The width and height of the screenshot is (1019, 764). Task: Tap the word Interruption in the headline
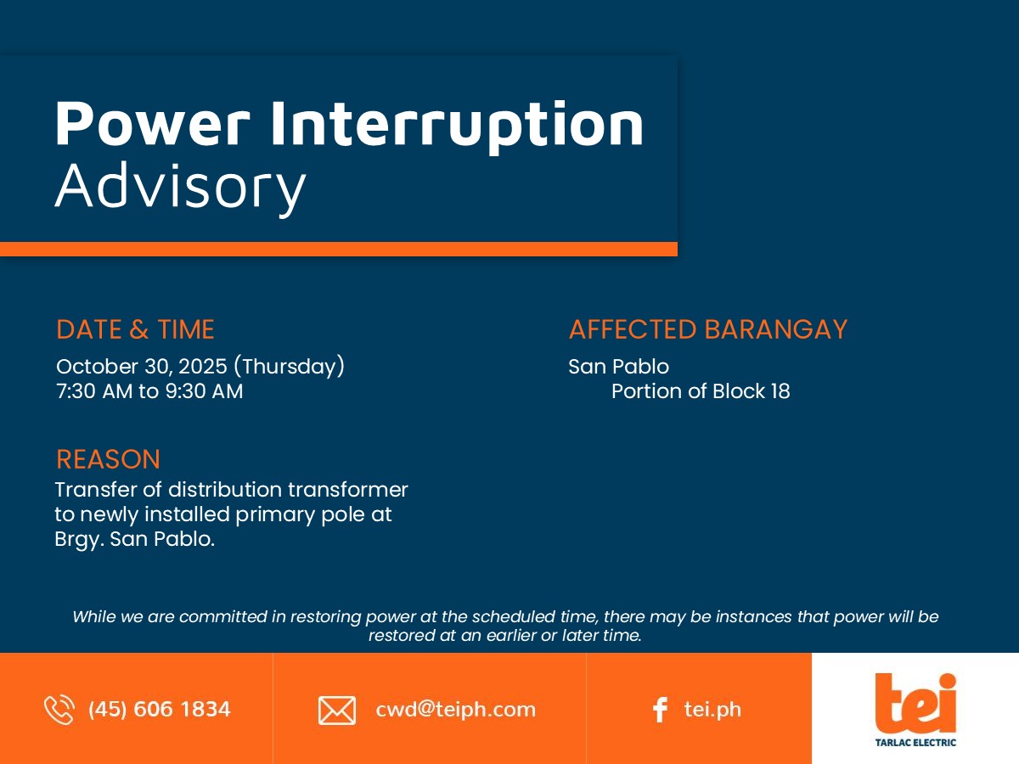pos(457,126)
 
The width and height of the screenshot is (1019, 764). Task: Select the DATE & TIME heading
pos(135,329)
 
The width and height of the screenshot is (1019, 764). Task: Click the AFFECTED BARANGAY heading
pos(708,329)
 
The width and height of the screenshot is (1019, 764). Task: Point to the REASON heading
pos(108,459)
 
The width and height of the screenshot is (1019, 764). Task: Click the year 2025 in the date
pos(203,367)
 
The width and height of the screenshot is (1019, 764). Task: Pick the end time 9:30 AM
pos(205,391)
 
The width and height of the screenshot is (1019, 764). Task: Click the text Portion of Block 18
pos(701,391)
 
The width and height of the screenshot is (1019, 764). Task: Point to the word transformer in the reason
pos(348,490)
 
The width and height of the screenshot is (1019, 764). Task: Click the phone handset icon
pos(59,710)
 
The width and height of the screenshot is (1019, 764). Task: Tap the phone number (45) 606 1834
pos(160,710)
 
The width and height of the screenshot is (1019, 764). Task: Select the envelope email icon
pos(337,711)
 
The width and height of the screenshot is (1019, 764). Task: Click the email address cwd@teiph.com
pos(455,710)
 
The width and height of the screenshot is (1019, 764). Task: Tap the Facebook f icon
pos(660,710)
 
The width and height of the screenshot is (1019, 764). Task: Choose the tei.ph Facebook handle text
pos(712,710)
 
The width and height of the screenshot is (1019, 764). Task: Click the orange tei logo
pos(915,703)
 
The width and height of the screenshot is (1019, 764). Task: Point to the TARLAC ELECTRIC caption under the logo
pos(915,743)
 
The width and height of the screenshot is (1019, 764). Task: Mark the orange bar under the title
pos(339,249)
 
